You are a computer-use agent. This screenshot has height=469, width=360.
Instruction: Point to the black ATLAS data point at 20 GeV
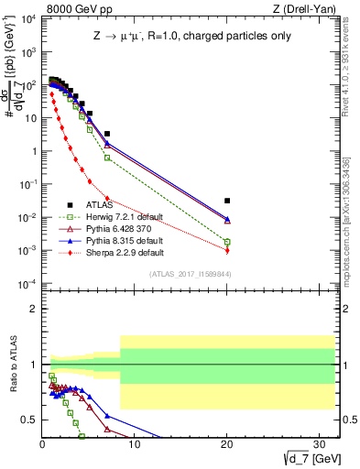[227, 201]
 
